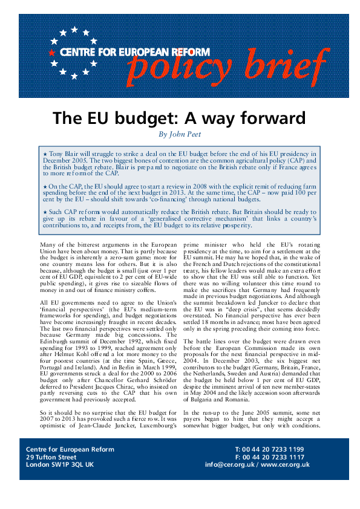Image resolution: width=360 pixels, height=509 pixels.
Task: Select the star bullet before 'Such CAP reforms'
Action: [x=45, y=211]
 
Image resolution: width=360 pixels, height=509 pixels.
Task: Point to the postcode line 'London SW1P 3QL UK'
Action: [x=60, y=465]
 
